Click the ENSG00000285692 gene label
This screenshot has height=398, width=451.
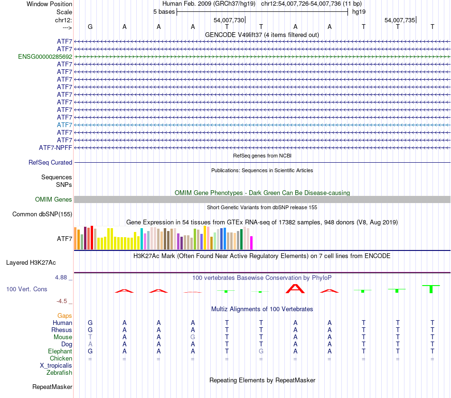(45, 56)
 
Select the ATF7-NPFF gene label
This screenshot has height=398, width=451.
(56, 148)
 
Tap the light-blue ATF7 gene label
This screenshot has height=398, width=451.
(65, 125)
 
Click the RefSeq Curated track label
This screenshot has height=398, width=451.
(50, 162)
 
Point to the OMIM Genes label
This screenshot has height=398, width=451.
(54, 199)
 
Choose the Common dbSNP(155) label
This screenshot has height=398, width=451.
(42, 214)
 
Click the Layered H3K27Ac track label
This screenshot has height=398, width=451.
(31, 262)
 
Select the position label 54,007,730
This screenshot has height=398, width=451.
(229, 20)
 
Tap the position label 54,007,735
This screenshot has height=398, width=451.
(400, 20)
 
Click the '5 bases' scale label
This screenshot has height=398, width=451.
(164, 11)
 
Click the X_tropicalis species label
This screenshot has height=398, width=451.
(56, 366)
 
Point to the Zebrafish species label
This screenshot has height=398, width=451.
(59, 373)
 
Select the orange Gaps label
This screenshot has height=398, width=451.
(65, 315)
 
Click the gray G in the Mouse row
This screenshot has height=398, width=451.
(193, 337)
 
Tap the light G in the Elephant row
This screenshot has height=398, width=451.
(261, 352)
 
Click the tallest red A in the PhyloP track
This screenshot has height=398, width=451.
(295, 288)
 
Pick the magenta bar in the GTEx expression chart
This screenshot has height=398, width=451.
(251, 242)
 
